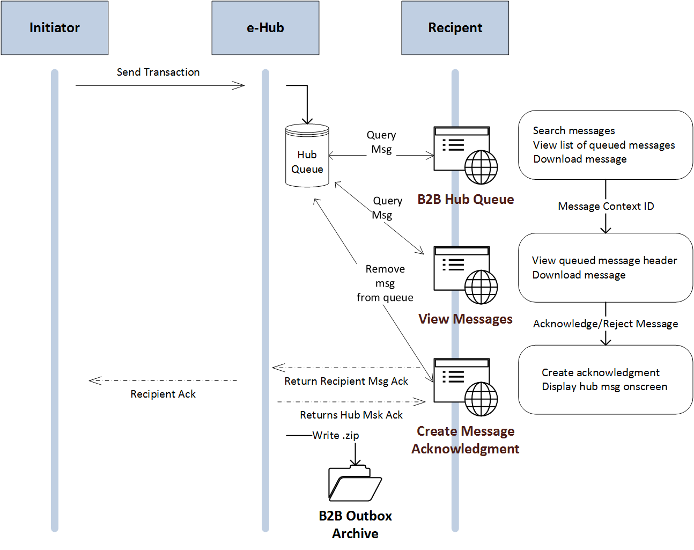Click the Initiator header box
coord(54,28)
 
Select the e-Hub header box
coord(265,28)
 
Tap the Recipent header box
coord(455,28)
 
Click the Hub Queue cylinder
coord(307,156)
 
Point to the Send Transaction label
coord(158,72)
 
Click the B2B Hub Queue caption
coord(466,200)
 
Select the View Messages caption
coord(466,319)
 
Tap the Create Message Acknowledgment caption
coord(466,440)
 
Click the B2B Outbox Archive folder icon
coord(355,483)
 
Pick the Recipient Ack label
coord(163,394)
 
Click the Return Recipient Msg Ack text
coord(346,382)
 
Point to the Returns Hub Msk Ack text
coord(351,415)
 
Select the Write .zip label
coord(336,435)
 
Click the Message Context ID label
coord(606,207)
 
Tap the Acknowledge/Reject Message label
coord(606,324)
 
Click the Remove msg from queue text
coord(385,283)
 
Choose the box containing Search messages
coord(606,145)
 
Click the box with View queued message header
coord(606,268)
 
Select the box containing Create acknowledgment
coord(606,379)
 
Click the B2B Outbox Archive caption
coord(355,525)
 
